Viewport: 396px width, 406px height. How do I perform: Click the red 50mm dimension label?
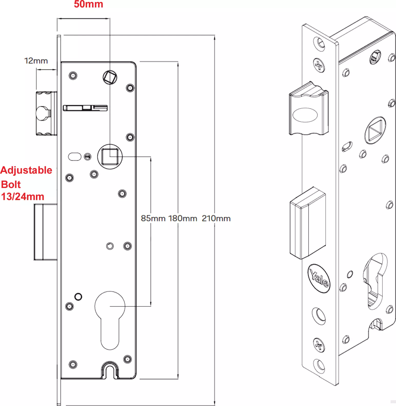(88, 4)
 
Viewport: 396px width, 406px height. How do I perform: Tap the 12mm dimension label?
(36, 61)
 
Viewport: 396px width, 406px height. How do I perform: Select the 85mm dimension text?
(153, 218)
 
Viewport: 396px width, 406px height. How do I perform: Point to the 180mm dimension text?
(182, 218)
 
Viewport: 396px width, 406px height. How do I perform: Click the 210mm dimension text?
(216, 218)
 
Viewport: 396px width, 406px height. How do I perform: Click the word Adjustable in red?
(26, 171)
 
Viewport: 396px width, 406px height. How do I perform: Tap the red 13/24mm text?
(23, 197)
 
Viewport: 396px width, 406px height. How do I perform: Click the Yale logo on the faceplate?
(319, 278)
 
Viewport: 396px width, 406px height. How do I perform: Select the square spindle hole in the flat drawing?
(110, 157)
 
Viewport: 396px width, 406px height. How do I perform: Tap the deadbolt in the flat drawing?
(45, 232)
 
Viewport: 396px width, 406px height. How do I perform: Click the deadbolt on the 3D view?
(308, 223)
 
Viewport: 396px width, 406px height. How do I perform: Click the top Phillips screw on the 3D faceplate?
(319, 65)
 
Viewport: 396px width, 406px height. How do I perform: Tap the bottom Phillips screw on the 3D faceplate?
(319, 345)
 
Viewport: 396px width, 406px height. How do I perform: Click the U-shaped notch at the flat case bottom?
(110, 370)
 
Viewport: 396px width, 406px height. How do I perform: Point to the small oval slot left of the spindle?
(75, 157)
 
